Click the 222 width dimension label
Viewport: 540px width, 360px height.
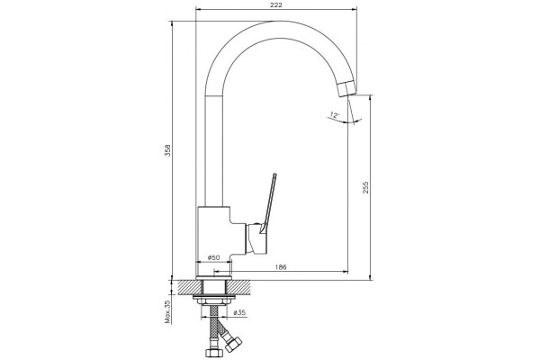(x=276, y=4)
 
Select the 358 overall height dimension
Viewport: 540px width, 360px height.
(x=167, y=150)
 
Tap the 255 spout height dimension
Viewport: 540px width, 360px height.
(x=365, y=187)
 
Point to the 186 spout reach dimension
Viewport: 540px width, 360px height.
(x=281, y=267)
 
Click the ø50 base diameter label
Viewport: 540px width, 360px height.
(x=214, y=257)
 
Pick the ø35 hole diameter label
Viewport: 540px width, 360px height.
(x=239, y=312)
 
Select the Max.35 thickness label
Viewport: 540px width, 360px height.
(x=167, y=311)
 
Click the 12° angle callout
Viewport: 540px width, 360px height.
(x=335, y=114)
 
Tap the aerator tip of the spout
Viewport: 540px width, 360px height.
(x=347, y=88)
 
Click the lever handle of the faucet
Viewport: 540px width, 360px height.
(x=269, y=204)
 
